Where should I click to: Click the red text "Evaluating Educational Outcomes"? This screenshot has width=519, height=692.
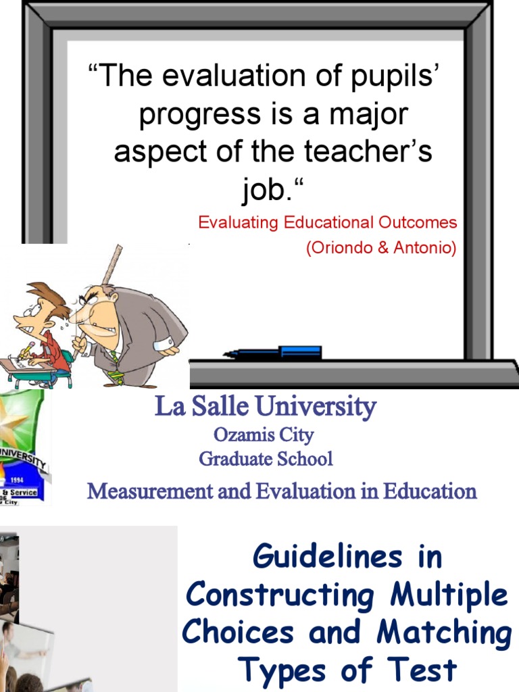point(327,222)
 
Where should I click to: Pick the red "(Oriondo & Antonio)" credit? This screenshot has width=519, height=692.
point(381,248)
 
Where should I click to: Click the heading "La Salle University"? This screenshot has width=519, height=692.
point(265,407)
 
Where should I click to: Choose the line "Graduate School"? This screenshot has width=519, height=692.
point(266,460)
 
